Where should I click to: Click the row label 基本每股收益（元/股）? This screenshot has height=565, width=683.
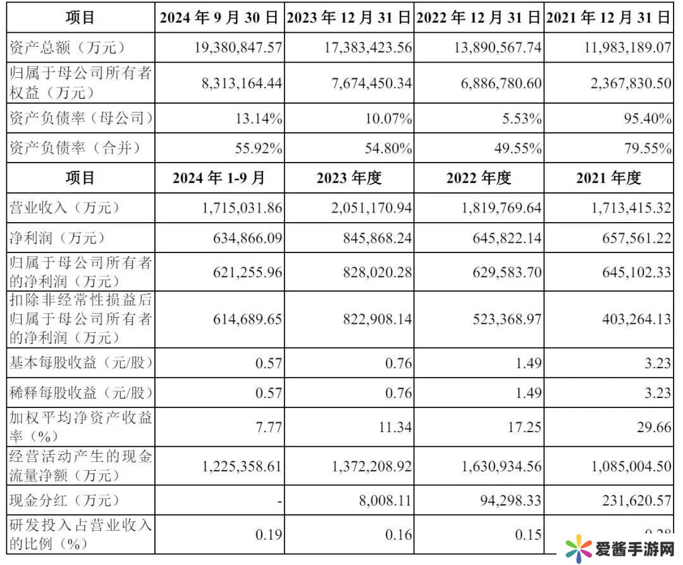point(82,363)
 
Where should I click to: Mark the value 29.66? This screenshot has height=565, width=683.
point(654,427)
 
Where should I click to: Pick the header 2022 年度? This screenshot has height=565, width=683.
point(478,178)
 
